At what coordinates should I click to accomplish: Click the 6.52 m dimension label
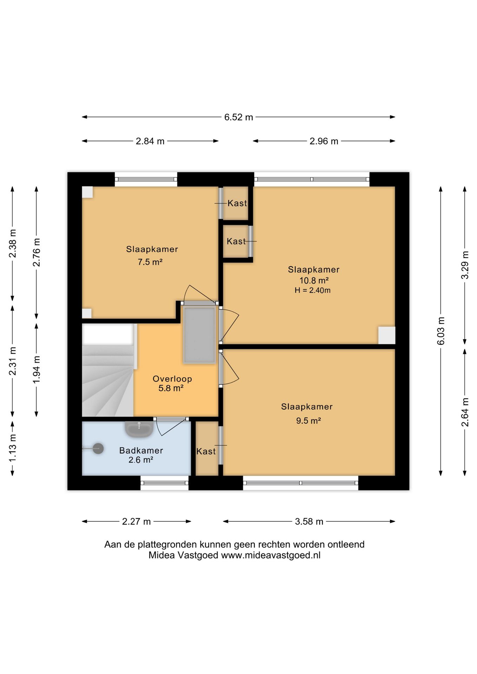coord(238,117)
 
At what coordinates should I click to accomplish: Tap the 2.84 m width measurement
coord(150,141)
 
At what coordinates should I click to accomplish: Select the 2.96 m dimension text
coord(324,141)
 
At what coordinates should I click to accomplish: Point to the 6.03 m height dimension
coord(441,331)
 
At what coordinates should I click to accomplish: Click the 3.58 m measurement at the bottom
coord(309,522)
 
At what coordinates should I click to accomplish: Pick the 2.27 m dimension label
coord(136,522)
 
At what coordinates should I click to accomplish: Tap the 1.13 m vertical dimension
coord(13,448)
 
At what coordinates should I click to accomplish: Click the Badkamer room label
coord(141,450)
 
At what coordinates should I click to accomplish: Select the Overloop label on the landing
coord(172,379)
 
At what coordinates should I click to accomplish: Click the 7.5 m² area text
coord(150,262)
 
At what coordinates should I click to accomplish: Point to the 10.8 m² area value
coord(314,280)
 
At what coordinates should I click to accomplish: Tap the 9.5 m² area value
coord(308,421)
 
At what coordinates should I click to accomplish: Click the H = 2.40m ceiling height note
coord(313,290)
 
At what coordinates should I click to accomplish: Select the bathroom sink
coord(139,429)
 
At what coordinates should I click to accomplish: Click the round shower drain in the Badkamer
coord(98,448)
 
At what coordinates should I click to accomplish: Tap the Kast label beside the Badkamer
coord(206,451)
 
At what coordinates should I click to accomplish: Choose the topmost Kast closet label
coord(237,203)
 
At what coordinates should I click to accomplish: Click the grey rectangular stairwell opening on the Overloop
coord(199,335)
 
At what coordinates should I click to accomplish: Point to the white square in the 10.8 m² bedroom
coord(387,335)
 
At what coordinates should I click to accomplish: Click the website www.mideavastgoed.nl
coord(270,555)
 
